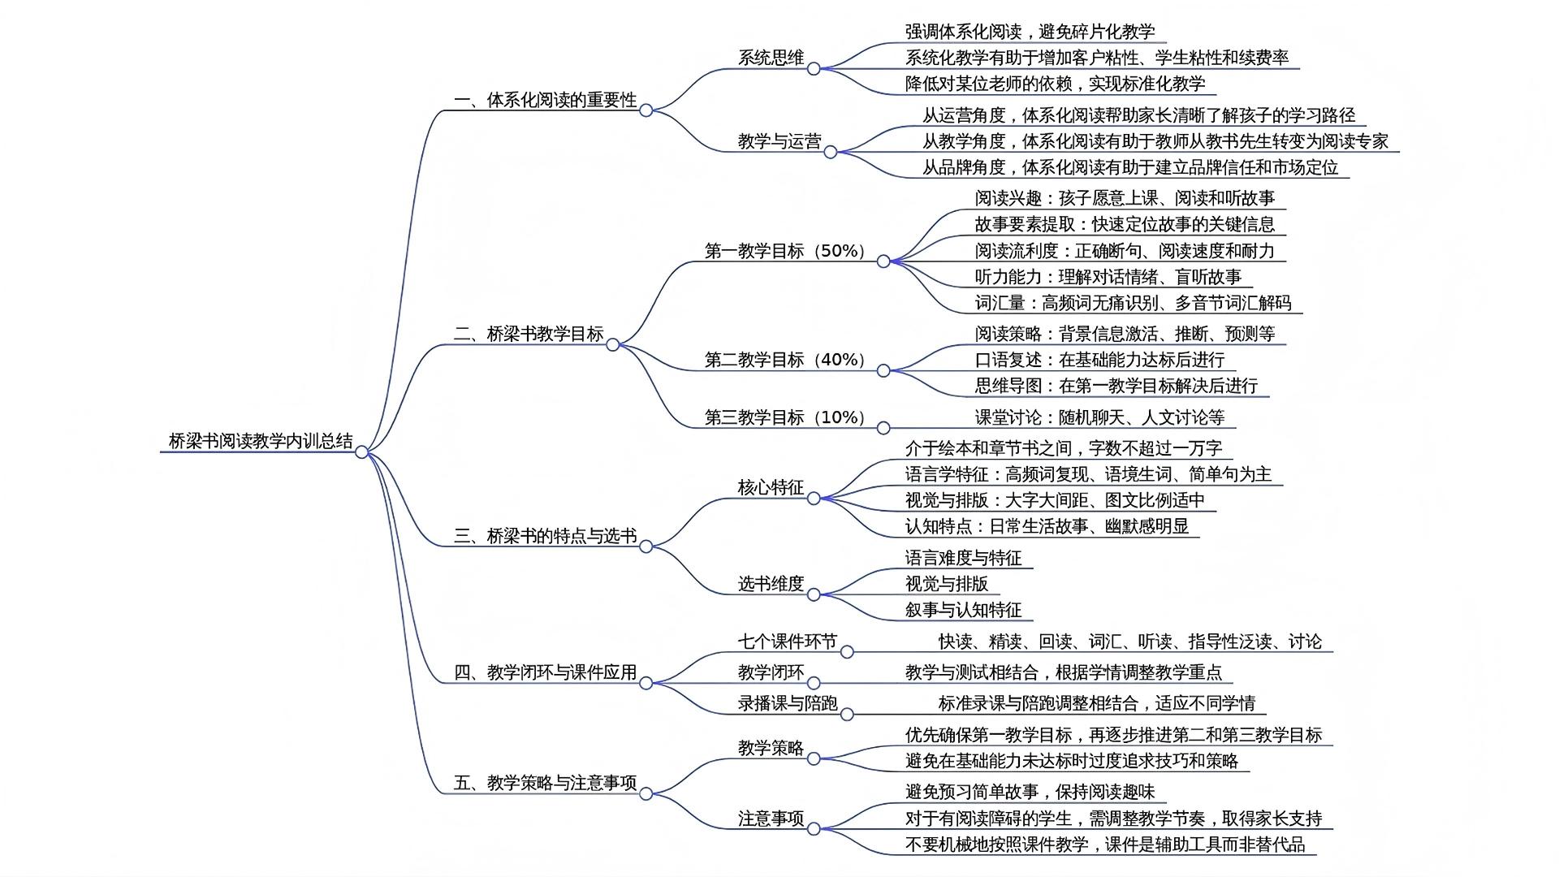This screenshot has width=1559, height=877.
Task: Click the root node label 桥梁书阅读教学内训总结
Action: point(260,441)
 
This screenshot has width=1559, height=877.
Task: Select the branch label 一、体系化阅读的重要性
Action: point(545,100)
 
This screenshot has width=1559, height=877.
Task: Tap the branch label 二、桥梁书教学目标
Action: point(529,334)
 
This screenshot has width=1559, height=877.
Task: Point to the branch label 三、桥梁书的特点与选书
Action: point(545,536)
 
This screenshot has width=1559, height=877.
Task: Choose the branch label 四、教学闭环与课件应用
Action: point(545,672)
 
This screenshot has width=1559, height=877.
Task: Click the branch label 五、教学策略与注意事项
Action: point(545,783)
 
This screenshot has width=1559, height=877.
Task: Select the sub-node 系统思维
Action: point(771,58)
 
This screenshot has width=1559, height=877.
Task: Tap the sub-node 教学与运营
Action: point(779,141)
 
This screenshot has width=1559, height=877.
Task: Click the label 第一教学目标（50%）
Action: point(785,251)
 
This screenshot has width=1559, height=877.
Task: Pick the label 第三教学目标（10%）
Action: point(785,417)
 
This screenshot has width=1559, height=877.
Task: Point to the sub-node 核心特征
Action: point(771,487)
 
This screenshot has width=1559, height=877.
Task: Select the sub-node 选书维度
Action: point(771,583)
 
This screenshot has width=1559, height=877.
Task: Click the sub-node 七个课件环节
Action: point(787,642)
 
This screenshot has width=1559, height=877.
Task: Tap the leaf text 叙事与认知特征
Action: point(963,610)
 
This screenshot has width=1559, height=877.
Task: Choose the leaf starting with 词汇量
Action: point(1133,303)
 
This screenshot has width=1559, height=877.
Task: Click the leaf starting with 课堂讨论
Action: point(1099,417)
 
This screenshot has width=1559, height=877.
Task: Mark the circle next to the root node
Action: point(362,452)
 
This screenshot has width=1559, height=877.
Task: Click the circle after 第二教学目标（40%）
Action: point(883,371)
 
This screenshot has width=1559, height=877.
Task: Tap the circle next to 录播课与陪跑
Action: point(847,715)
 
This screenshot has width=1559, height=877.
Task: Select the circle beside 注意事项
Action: point(814,829)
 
